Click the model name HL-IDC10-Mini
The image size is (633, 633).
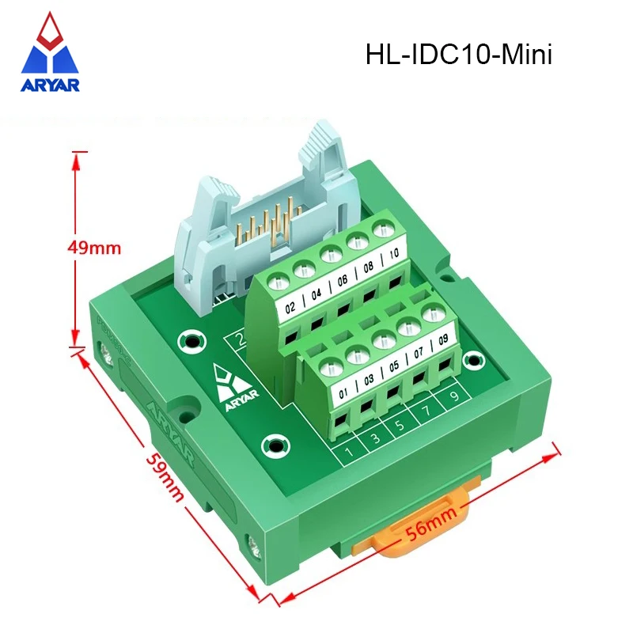click(458, 55)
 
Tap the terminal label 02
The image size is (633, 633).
click(290, 306)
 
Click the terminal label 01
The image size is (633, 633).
click(343, 391)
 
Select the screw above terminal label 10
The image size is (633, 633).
click(384, 231)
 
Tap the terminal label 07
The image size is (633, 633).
click(419, 354)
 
